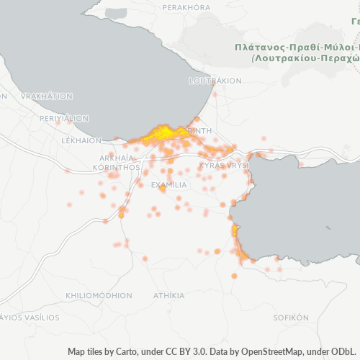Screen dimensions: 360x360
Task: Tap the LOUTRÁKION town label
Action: pos(215,81)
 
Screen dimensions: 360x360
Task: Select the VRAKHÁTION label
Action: pos(47,96)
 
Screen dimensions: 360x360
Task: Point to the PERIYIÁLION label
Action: pos(64,118)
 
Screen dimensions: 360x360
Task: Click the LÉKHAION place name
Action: pos(82,140)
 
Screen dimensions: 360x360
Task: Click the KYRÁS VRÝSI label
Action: pos(224,166)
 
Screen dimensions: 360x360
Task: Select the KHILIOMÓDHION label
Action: pos(98,295)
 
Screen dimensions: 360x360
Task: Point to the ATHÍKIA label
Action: pos(168,295)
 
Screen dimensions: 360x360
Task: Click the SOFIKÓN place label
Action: pos(290,317)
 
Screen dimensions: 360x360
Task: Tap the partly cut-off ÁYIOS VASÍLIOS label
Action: pos(30,317)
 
